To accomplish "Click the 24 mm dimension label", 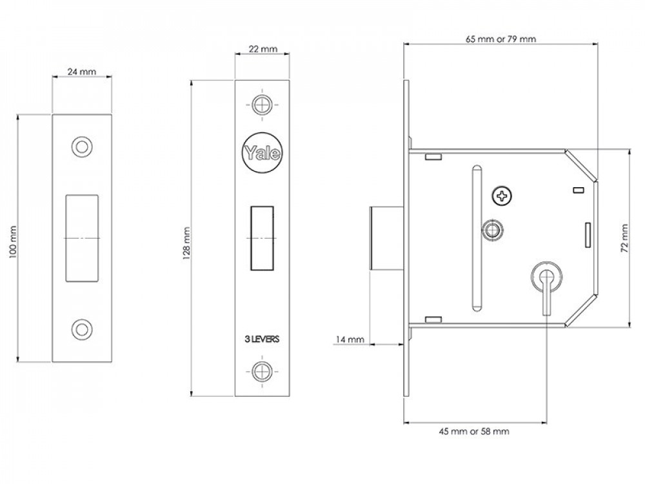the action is tap(82, 72).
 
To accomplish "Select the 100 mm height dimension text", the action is tap(13, 242).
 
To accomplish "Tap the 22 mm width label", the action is tap(263, 49).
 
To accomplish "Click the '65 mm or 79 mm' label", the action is tap(501, 39).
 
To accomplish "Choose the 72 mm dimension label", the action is tap(624, 238).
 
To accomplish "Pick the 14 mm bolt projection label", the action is tap(350, 339).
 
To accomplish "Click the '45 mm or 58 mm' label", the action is tap(474, 431).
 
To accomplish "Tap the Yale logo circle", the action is tap(263, 153).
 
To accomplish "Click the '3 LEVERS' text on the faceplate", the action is tap(262, 339).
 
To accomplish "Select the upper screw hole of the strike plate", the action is tap(82, 147).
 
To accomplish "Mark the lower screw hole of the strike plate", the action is tap(82, 329).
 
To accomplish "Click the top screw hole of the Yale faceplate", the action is tap(262, 105).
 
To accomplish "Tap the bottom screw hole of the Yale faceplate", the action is tap(262, 372).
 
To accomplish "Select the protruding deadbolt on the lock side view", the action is tap(386, 238).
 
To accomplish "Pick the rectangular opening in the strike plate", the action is tap(82, 238).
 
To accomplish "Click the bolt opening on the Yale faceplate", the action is tap(262, 238).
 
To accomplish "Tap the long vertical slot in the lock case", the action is tap(477, 238).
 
